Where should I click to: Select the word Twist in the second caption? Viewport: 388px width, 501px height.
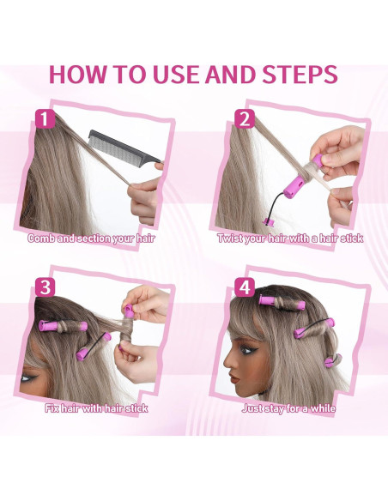click(x=233, y=238)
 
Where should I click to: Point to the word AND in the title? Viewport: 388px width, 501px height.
click(x=229, y=74)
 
